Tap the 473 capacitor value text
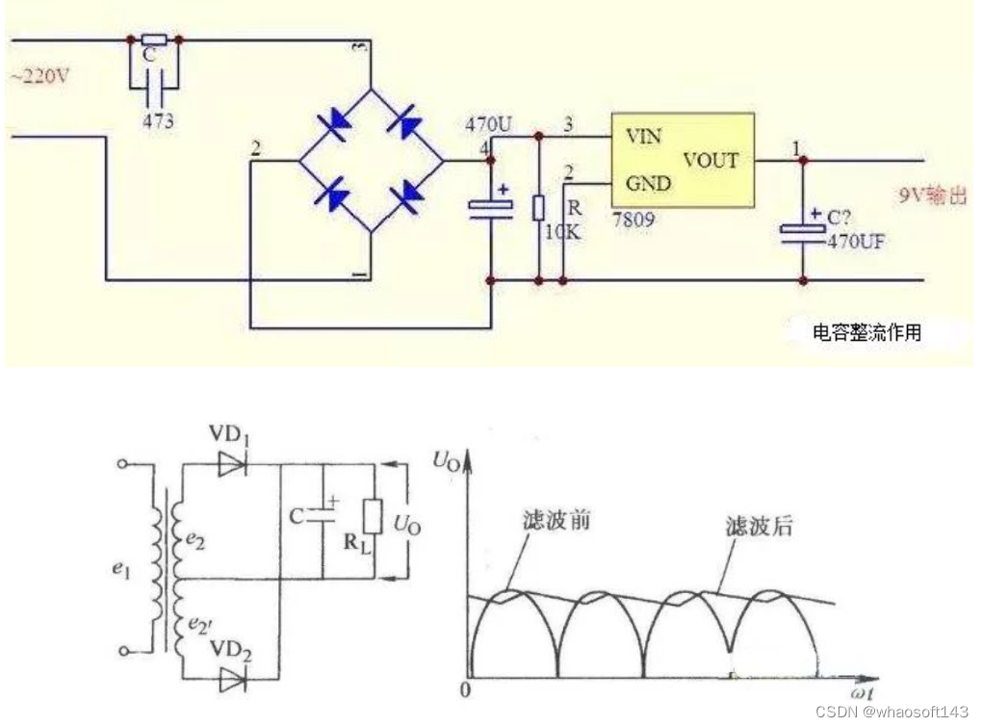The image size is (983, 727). click(x=157, y=122)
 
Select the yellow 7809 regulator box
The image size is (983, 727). click(x=682, y=160)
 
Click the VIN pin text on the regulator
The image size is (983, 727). click(x=644, y=137)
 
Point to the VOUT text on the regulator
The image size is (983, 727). click(x=711, y=160)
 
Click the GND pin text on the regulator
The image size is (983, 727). click(x=647, y=182)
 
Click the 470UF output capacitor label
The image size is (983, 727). click(x=856, y=242)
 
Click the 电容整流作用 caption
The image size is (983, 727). click(x=867, y=333)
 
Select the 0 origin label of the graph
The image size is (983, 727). click(x=466, y=690)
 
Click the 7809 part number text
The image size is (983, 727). click(x=633, y=220)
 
